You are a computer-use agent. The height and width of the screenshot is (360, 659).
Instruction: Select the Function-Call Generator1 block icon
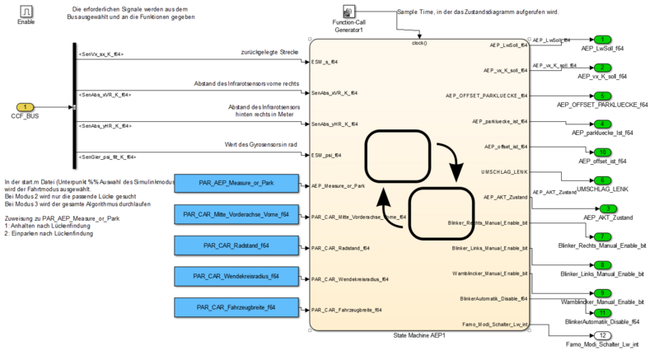(x=350, y=12)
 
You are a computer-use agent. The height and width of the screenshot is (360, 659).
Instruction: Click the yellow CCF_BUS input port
(x=26, y=107)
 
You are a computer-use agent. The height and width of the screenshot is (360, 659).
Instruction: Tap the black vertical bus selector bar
(x=75, y=105)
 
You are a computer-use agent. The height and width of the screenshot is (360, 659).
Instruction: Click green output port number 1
(x=604, y=40)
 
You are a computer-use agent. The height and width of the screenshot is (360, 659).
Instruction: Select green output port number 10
(x=604, y=152)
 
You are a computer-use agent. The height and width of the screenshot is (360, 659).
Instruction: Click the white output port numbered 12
(x=604, y=336)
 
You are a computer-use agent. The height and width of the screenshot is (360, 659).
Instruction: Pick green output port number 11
(x=604, y=313)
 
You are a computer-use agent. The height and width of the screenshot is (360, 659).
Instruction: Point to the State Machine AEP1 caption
(x=420, y=336)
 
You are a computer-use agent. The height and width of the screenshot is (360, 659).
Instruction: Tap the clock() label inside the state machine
(x=420, y=42)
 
